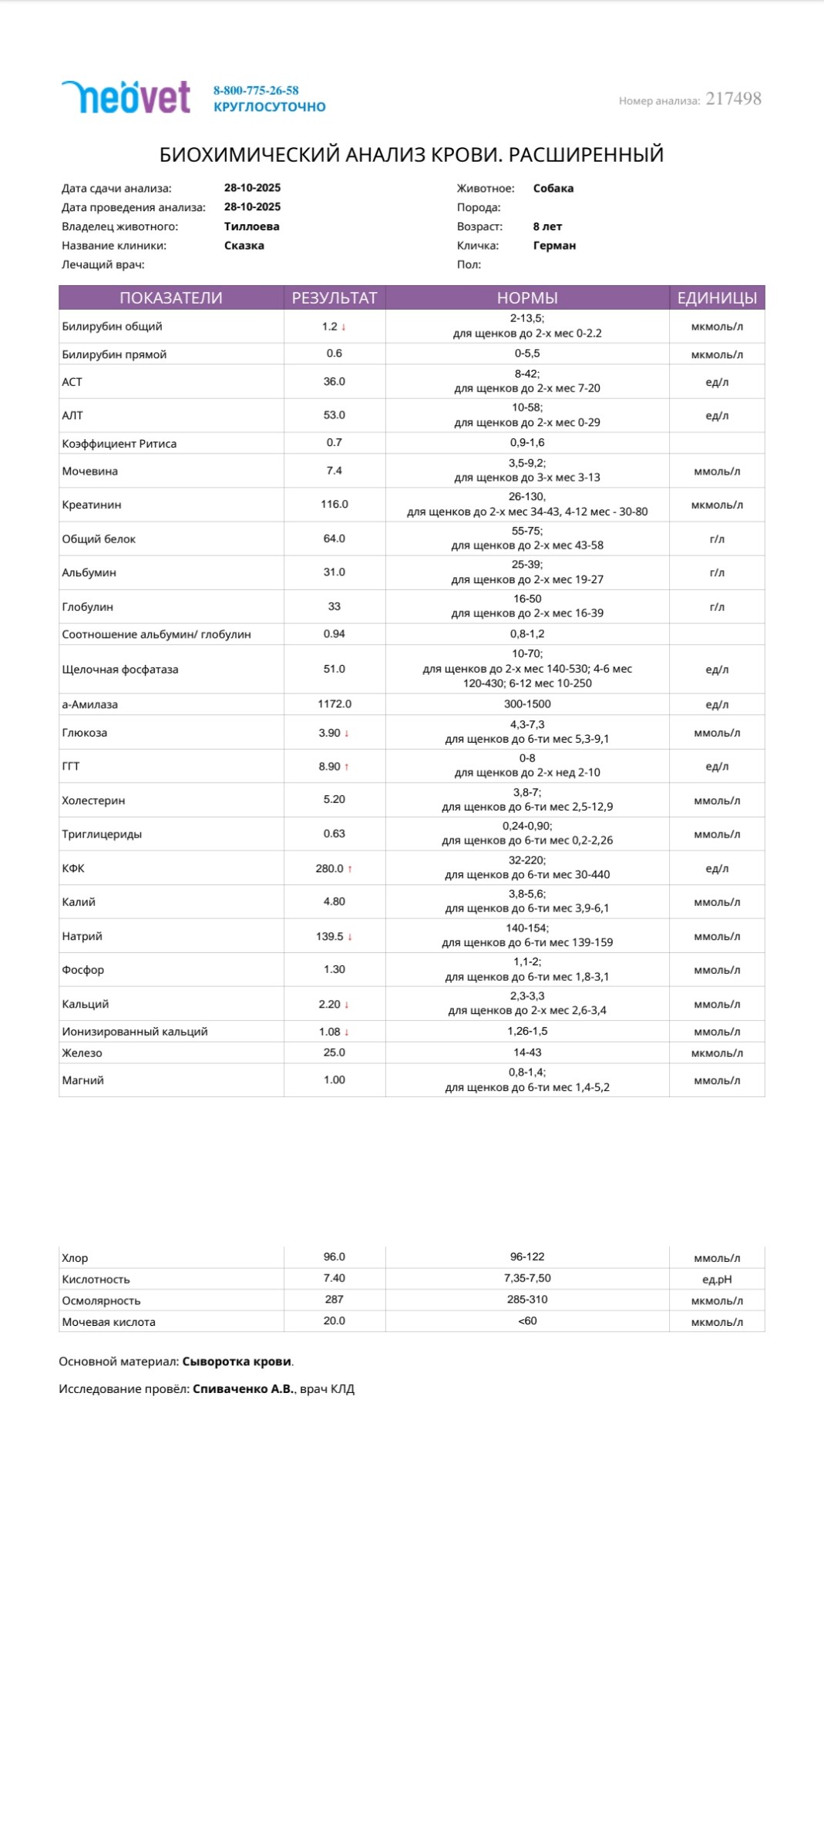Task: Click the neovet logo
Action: pyautogui.click(x=126, y=98)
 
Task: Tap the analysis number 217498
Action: pyautogui.click(x=733, y=99)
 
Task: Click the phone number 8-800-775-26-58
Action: pyautogui.click(x=256, y=90)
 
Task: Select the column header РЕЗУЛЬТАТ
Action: pyautogui.click(x=335, y=298)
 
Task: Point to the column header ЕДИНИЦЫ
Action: pyautogui.click(x=717, y=298)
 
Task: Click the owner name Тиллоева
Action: pyautogui.click(x=251, y=227)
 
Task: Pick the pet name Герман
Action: pyautogui.click(x=554, y=246)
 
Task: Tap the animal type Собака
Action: pyautogui.click(x=553, y=188)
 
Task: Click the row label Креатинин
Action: pyautogui.click(x=92, y=505)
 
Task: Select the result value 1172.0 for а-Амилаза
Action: pyautogui.click(x=335, y=704)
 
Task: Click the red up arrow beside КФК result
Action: pyautogui.click(x=350, y=869)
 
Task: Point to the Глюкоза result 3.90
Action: pyautogui.click(x=329, y=733)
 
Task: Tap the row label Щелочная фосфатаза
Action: pyautogui.click(x=120, y=669)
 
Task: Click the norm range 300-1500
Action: pyautogui.click(x=527, y=704)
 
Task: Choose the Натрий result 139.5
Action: pyautogui.click(x=330, y=936)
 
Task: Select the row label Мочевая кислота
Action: pyautogui.click(x=109, y=1322)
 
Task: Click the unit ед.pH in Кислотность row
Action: pyautogui.click(x=717, y=1280)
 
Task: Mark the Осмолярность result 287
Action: pyautogui.click(x=335, y=1299)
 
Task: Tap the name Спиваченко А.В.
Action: pyautogui.click(x=243, y=1389)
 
